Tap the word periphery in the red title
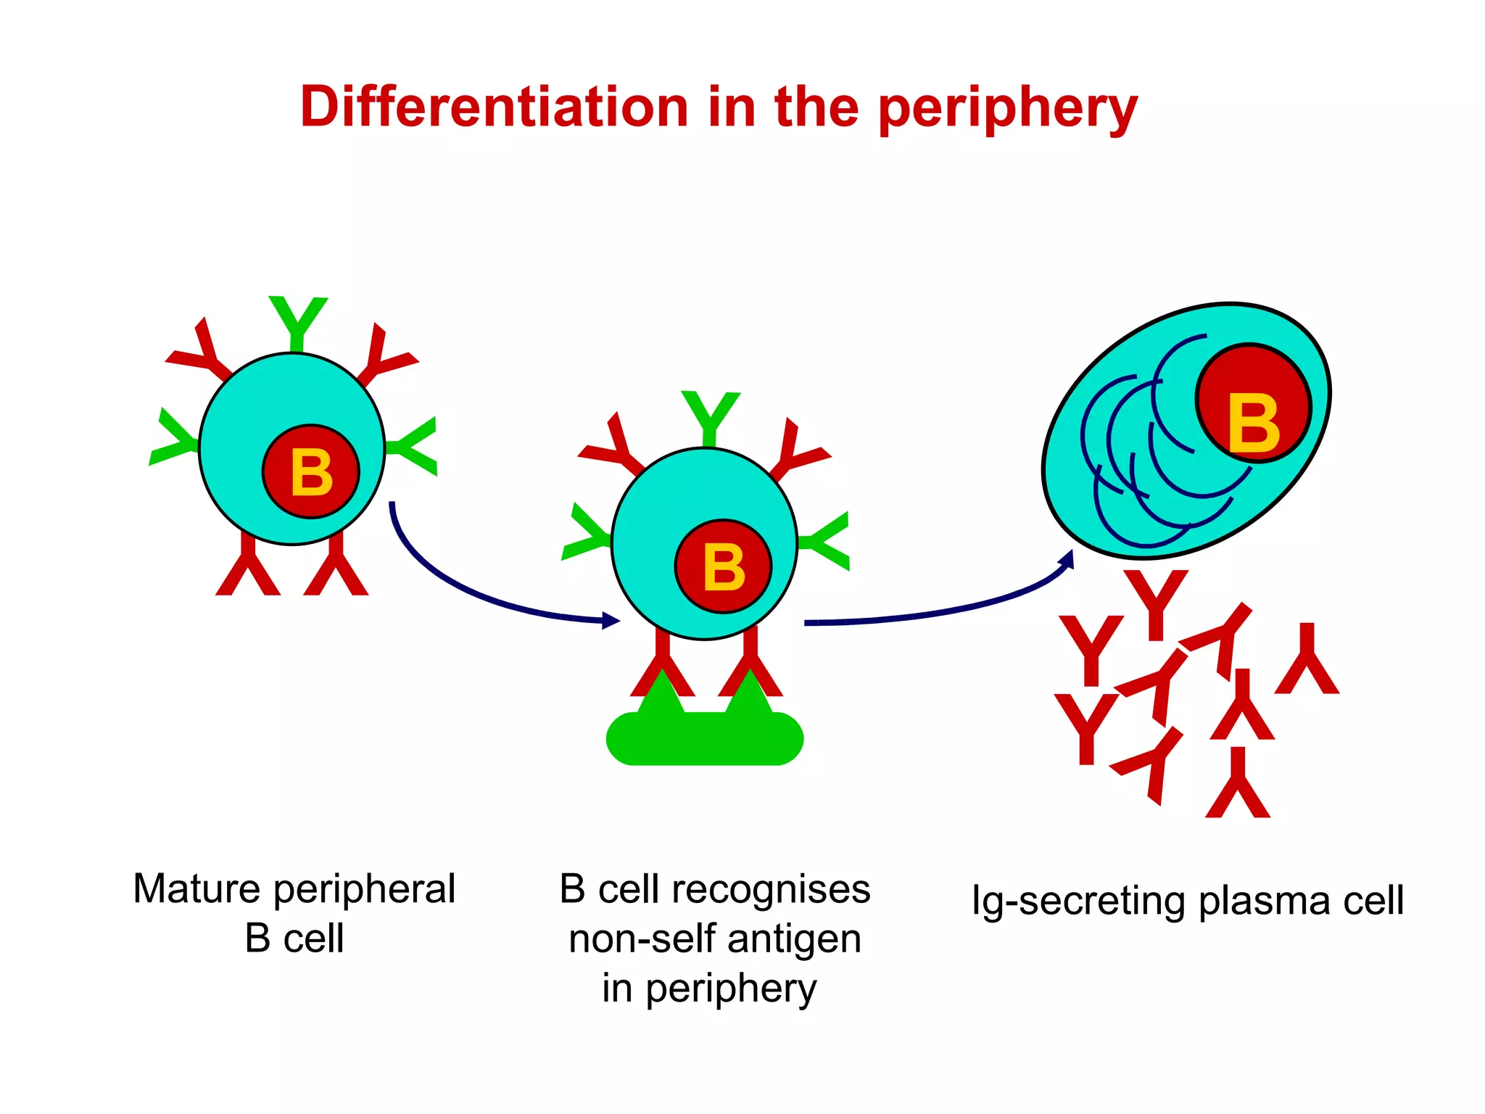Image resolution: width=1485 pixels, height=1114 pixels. pyautogui.click(x=1008, y=109)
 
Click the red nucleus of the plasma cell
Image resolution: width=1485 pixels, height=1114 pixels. pyautogui.click(x=1253, y=403)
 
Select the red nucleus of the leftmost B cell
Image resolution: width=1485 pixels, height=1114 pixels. pyautogui.click(x=311, y=471)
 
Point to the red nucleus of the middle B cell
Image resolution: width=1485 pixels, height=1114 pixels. pyautogui.click(x=723, y=566)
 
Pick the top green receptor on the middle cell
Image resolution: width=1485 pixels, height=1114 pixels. pyautogui.click(x=710, y=416)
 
